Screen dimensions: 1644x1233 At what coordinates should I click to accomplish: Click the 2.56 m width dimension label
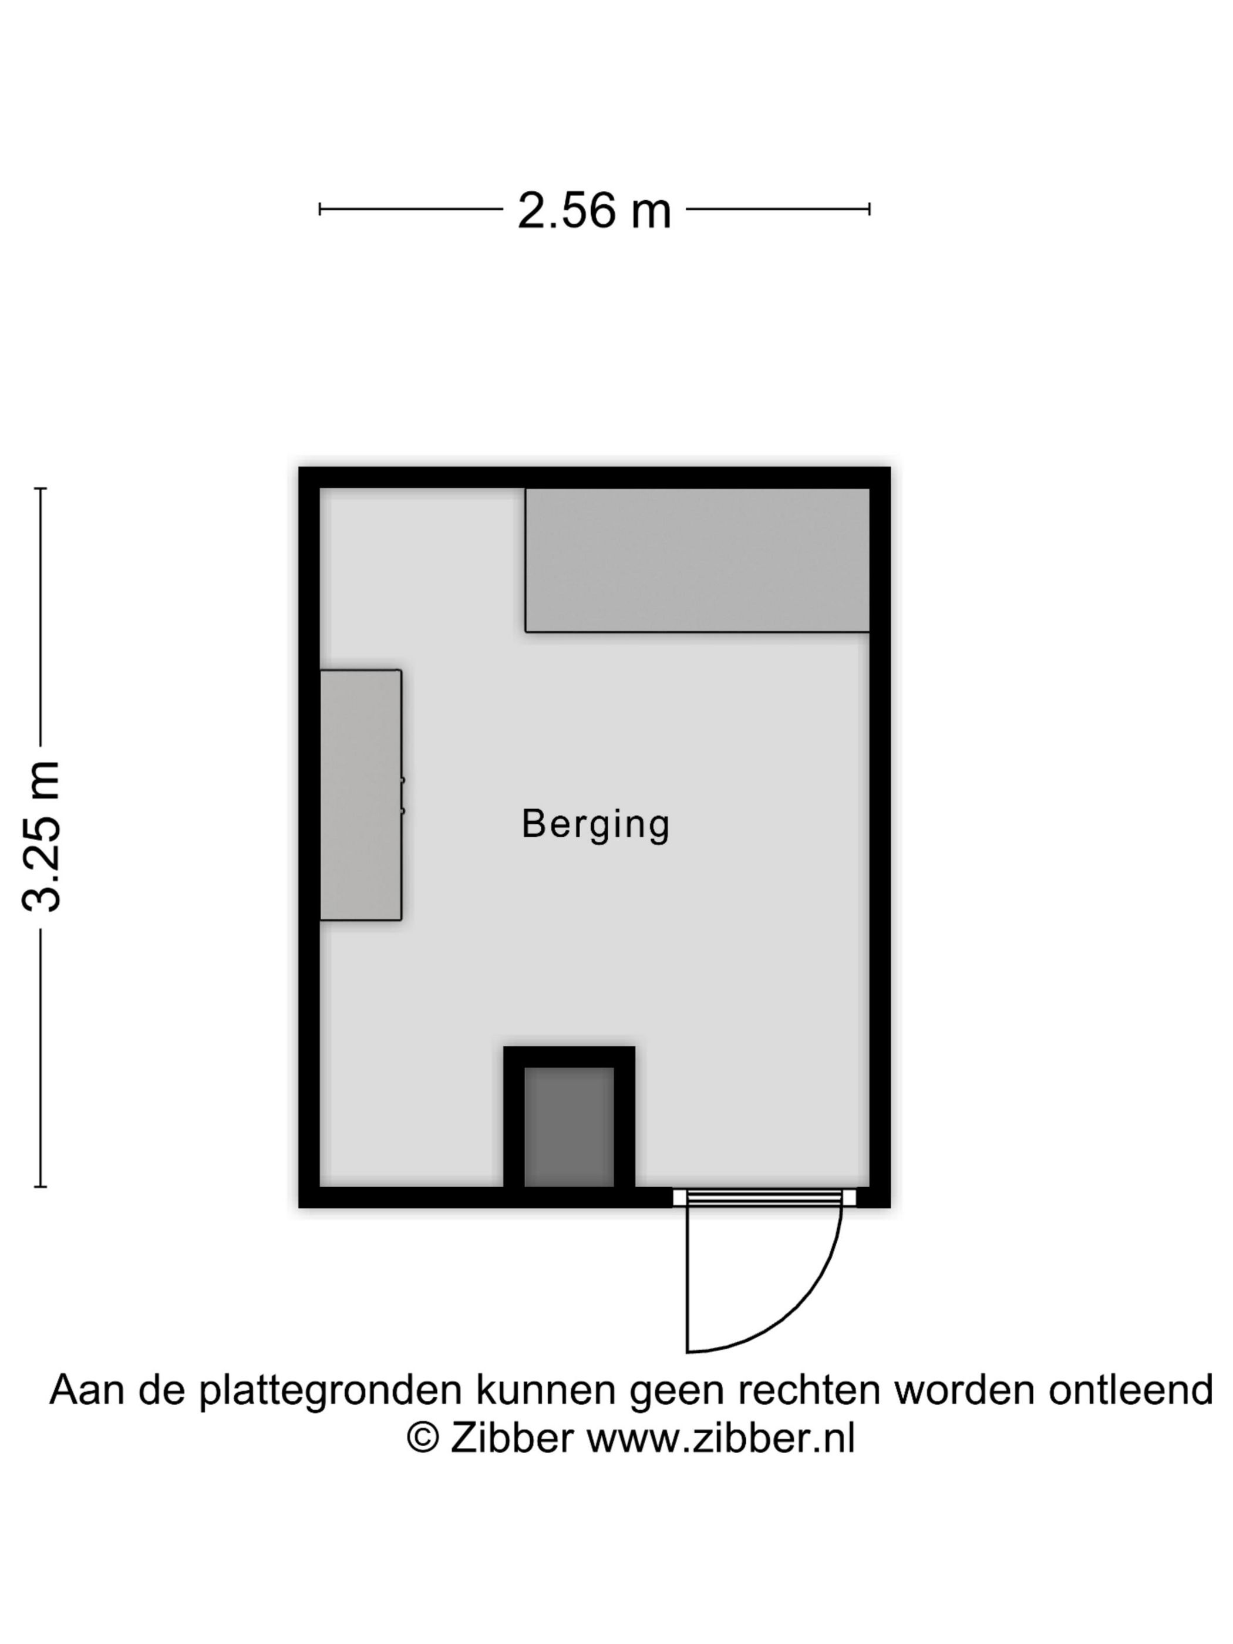pos(594,210)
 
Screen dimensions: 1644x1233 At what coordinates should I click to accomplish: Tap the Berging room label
pos(595,824)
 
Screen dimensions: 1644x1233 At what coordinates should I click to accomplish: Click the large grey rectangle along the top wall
pos(696,560)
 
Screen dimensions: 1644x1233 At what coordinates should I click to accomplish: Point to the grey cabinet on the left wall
pos(360,794)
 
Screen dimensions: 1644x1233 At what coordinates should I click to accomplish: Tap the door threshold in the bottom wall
pos(764,1197)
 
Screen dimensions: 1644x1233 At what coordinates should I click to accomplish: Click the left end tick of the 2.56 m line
pos(319,209)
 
